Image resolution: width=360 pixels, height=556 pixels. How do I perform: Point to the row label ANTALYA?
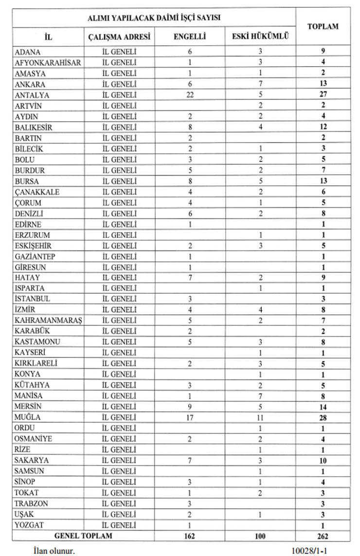point(32,94)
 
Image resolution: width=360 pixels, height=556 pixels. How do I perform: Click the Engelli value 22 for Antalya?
point(190,94)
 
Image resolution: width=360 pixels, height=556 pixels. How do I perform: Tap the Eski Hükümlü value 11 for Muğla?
point(260,417)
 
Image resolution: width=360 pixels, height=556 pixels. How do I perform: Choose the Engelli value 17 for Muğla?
point(190,417)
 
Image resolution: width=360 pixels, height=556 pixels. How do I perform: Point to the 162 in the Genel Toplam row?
point(190,536)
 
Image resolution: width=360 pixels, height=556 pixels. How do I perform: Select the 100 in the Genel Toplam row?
point(260,536)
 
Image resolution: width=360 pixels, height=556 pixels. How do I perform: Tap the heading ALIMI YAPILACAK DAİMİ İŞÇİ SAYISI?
point(154,18)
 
